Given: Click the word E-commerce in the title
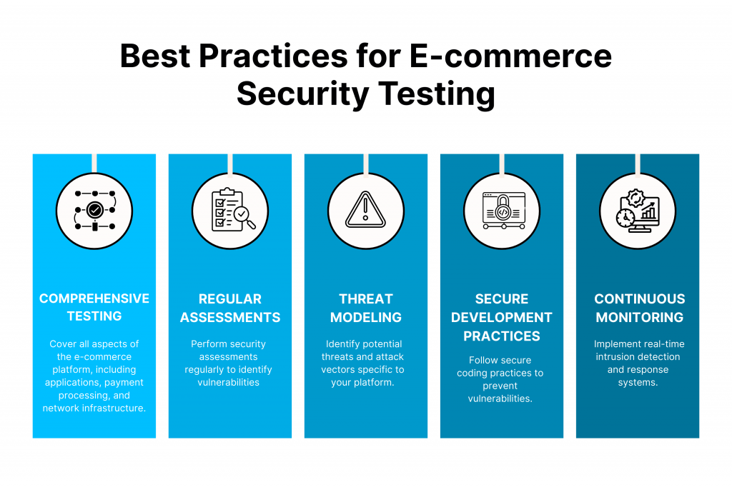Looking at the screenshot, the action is (x=510, y=56).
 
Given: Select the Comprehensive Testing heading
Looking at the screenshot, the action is (x=94, y=307).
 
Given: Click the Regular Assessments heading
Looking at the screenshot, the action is (x=230, y=308).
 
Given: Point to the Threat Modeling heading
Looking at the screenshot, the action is (x=366, y=308).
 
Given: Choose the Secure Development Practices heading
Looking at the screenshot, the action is (x=502, y=318).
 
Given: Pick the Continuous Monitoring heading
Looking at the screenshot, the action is (x=640, y=308).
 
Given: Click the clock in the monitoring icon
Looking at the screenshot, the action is (x=625, y=218).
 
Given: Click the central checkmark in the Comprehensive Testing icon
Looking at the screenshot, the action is (x=95, y=210).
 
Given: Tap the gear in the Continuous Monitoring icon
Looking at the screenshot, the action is (x=635, y=198).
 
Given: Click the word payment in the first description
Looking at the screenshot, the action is (x=124, y=382).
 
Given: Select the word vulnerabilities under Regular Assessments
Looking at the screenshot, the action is (x=228, y=382).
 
